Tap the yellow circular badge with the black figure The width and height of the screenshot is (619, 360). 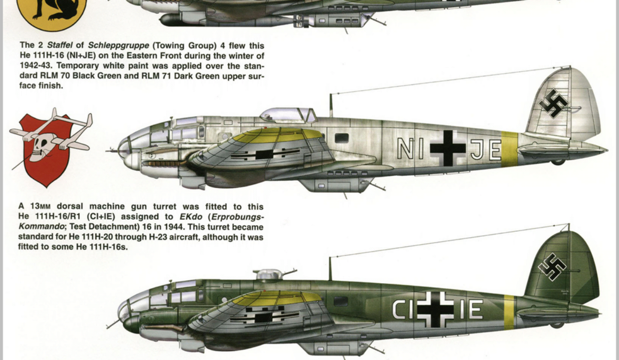point(51,12)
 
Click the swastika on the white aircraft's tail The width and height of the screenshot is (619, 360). point(554,104)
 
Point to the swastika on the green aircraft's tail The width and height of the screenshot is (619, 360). point(552,266)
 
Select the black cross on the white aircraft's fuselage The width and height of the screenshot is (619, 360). point(448,148)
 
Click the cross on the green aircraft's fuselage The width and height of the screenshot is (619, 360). point(436,309)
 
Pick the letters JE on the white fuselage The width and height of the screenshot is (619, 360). point(486,150)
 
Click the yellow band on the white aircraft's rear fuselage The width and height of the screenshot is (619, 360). point(509,149)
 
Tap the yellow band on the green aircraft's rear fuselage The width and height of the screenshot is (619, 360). point(509,312)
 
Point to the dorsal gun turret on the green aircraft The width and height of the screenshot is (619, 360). point(269,274)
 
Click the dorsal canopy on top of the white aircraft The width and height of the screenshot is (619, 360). point(288,115)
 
